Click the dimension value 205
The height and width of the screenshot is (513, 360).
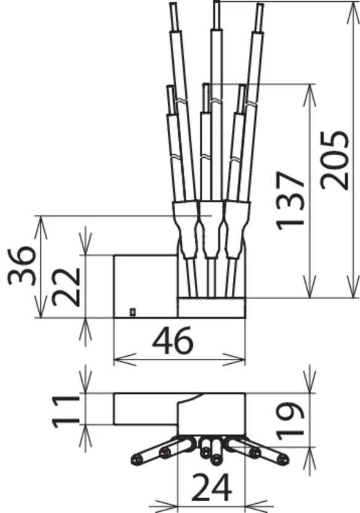(x=334, y=160)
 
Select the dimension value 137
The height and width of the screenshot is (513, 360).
(x=290, y=200)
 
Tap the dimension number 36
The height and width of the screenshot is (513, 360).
(x=22, y=266)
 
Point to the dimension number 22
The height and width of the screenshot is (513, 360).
(x=66, y=287)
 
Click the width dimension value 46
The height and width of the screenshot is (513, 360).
(x=173, y=340)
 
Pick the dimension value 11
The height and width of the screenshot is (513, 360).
(x=66, y=411)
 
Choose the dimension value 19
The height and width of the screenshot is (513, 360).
(x=290, y=421)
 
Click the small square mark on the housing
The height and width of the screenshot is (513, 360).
(x=133, y=312)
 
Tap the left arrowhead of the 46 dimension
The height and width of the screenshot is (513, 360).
(x=125, y=359)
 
